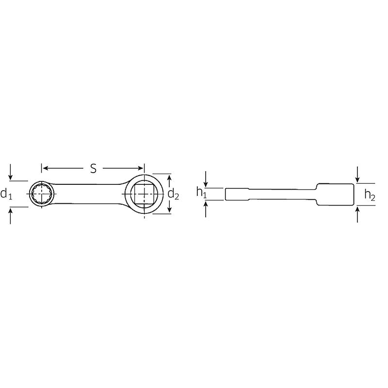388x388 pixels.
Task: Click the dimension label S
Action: pyautogui.click(x=94, y=168)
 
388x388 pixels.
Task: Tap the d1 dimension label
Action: pyautogui.click(x=6, y=194)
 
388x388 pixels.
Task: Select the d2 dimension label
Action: pyautogui.click(x=174, y=194)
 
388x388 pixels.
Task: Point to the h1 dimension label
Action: pyautogui.click(x=201, y=193)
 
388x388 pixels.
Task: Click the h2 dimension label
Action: pyautogui.click(x=370, y=194)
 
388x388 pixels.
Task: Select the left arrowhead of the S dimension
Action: pyautogui.click(x=44, y=169)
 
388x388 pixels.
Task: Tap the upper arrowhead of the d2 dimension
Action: pyautogui.click(x=169, y=178)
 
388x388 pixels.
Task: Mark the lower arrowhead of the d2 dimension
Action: pyautogui.click(x=169, y=210)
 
